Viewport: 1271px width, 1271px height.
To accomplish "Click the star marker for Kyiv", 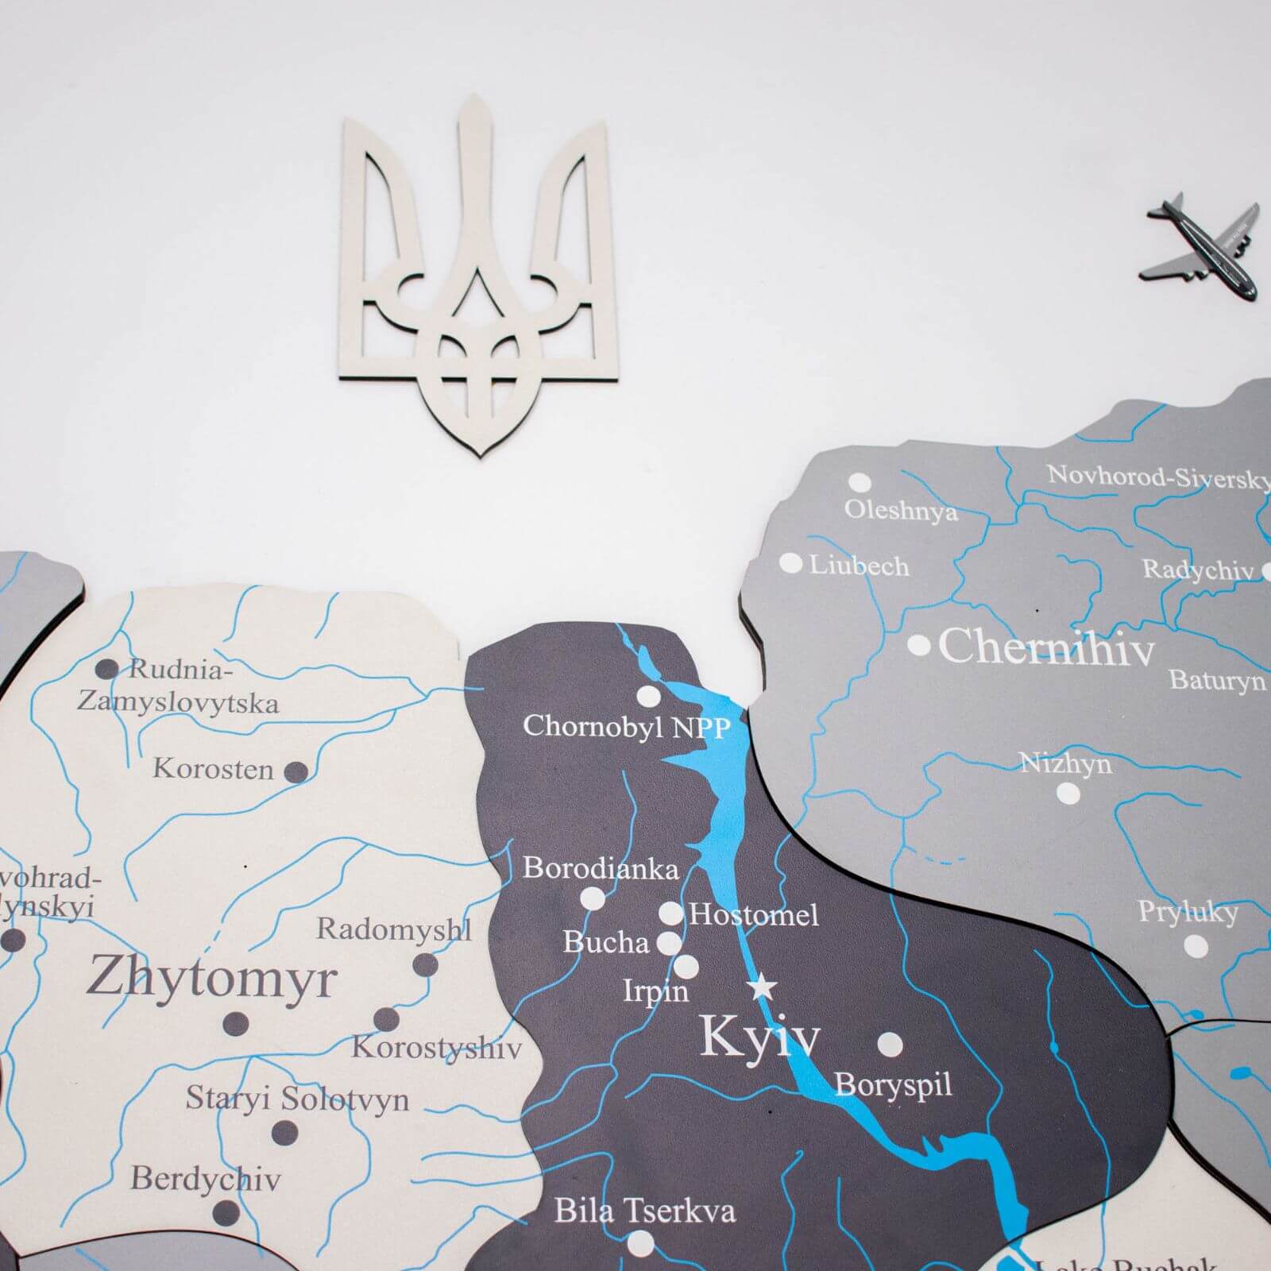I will (x=763, y=987).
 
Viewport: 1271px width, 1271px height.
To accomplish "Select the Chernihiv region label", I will (x=1046, y=648).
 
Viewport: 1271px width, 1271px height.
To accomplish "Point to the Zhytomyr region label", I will (x=211, y=978).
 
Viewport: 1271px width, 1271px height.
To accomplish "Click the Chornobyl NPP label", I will (x=626, y=726).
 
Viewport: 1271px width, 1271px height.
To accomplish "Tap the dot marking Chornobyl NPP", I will (x=648, y=697).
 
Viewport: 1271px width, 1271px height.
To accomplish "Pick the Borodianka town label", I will (x=601, y=868).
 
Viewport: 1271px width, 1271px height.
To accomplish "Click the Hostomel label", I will (x=753, y=915).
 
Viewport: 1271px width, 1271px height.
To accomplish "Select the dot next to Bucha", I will (x=670, y=943).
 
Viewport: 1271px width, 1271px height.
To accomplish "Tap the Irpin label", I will (x=655, y=991).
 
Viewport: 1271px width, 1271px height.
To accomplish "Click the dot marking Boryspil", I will (x=890, y=1044).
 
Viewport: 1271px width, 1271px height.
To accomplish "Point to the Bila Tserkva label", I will (x=644, y=1211).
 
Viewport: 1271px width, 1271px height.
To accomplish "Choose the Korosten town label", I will (x=213, y=769).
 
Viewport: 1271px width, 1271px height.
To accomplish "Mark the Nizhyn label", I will (x=1065, y=763).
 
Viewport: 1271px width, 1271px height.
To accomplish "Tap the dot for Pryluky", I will (x=1196, y=945).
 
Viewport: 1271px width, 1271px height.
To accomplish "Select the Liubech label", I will (x=859, y=566).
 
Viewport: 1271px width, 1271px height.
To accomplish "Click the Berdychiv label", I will (x=205, y=1178).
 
